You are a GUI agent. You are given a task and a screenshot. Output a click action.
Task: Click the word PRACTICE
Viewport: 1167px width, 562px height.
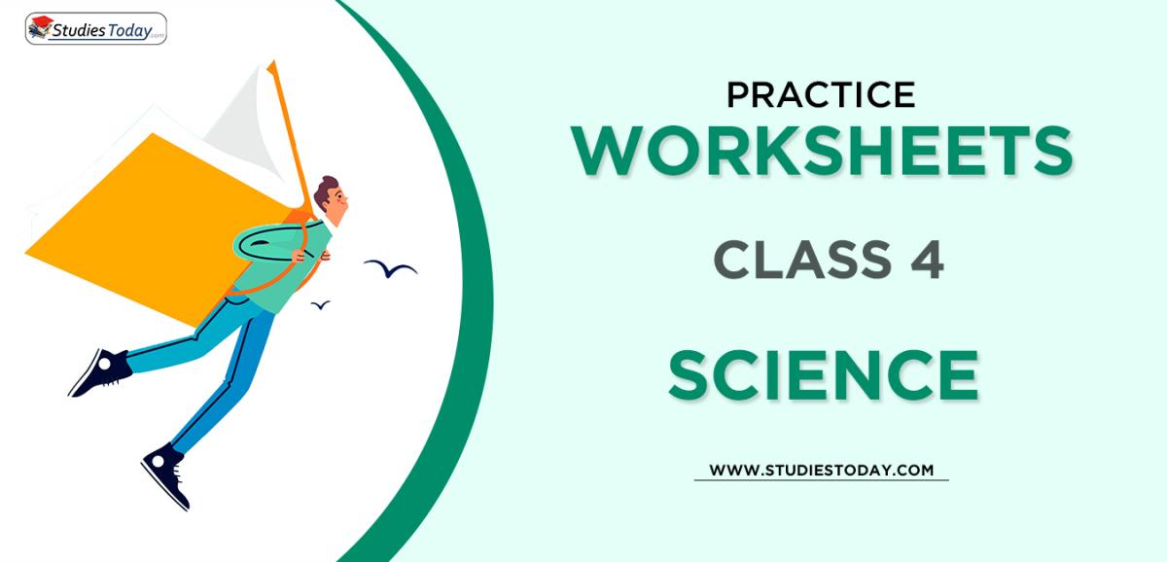[821, 94]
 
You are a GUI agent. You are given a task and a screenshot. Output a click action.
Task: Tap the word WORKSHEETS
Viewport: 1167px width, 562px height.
[822, 152]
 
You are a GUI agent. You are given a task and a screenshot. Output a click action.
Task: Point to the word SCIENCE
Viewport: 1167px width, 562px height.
[822, 374]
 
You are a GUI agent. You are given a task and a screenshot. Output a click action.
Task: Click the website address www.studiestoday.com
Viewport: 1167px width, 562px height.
[821, 470]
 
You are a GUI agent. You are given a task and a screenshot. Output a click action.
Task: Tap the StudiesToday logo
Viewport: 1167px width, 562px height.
[95, 28]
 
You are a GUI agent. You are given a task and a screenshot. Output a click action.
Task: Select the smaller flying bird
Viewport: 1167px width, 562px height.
[320, 305]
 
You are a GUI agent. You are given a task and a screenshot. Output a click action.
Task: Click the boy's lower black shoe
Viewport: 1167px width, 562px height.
[167, 474]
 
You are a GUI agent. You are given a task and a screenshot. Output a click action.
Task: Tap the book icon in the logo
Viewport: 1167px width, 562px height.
[41, 27]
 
